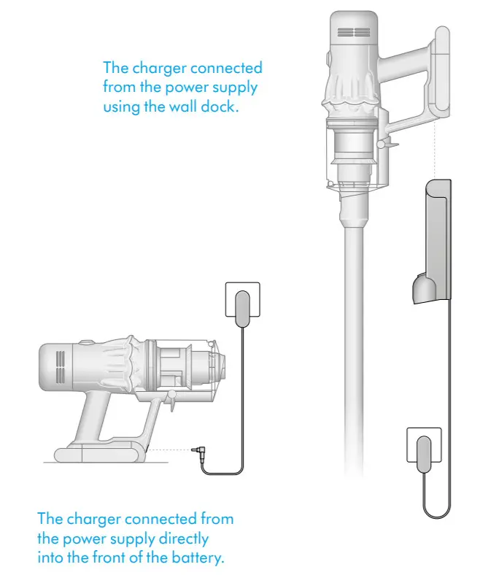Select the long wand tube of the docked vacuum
click(x=353, y=343)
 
